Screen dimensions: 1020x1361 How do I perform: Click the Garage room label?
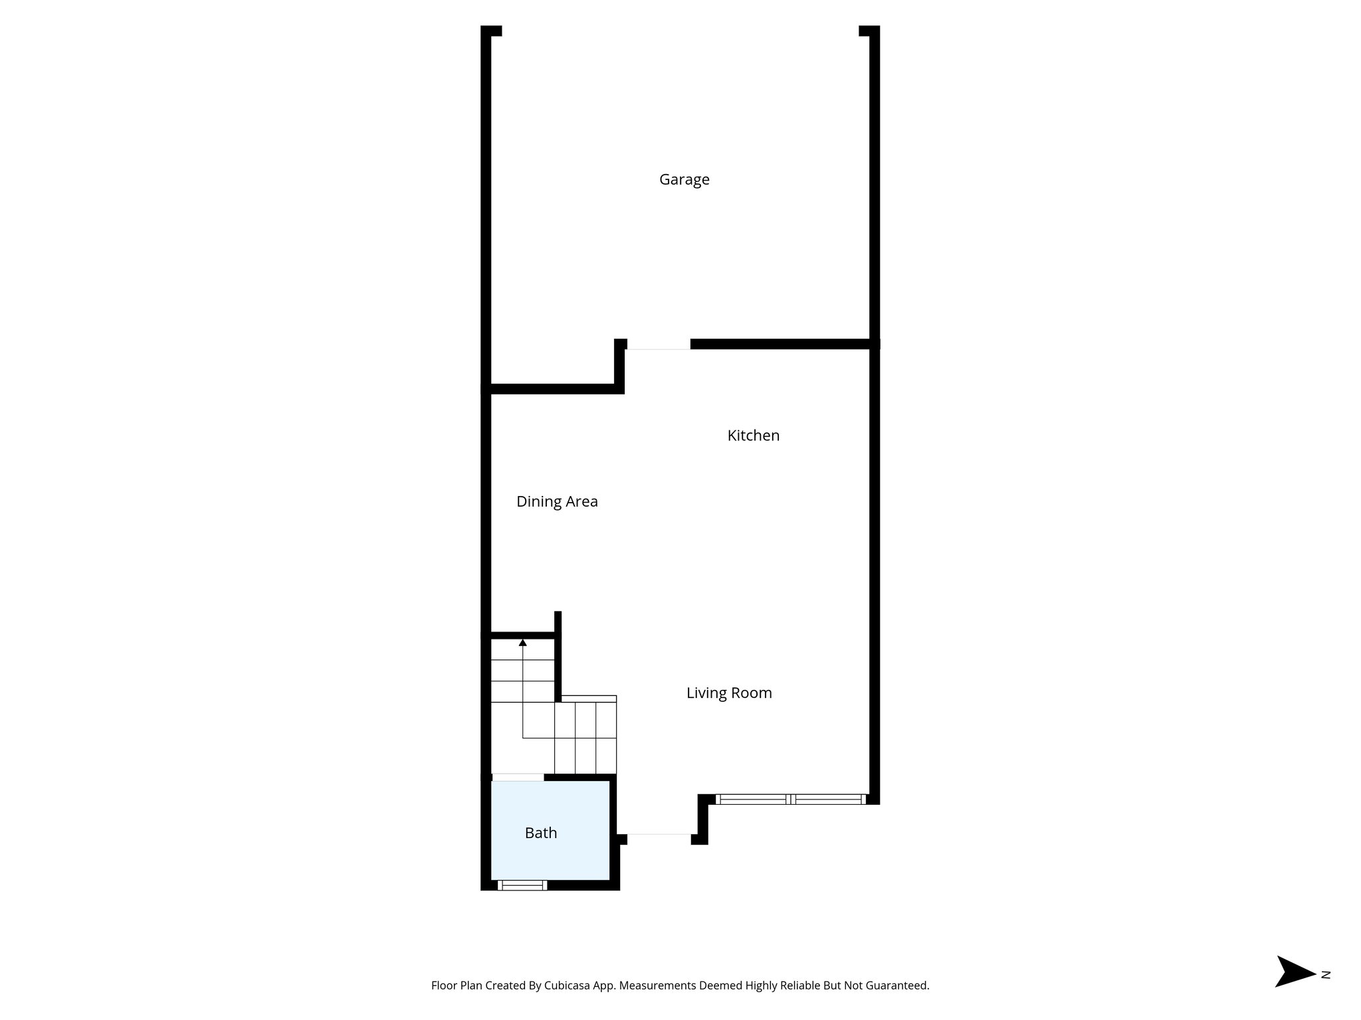684,179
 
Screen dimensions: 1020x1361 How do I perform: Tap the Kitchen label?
753,436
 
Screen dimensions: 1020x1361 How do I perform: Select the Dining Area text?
557,501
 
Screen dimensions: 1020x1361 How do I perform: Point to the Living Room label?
729,693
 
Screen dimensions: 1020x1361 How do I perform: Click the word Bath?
540,833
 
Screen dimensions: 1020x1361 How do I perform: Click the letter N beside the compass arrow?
1326,993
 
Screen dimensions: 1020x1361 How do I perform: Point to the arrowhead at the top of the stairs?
523,643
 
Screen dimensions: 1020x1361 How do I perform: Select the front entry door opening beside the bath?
659,835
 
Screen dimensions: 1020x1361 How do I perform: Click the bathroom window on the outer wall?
522,885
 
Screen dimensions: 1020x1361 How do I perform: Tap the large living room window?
791,800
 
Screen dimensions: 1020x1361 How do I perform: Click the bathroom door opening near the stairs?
518,777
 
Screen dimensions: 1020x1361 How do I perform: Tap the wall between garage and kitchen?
781,344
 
